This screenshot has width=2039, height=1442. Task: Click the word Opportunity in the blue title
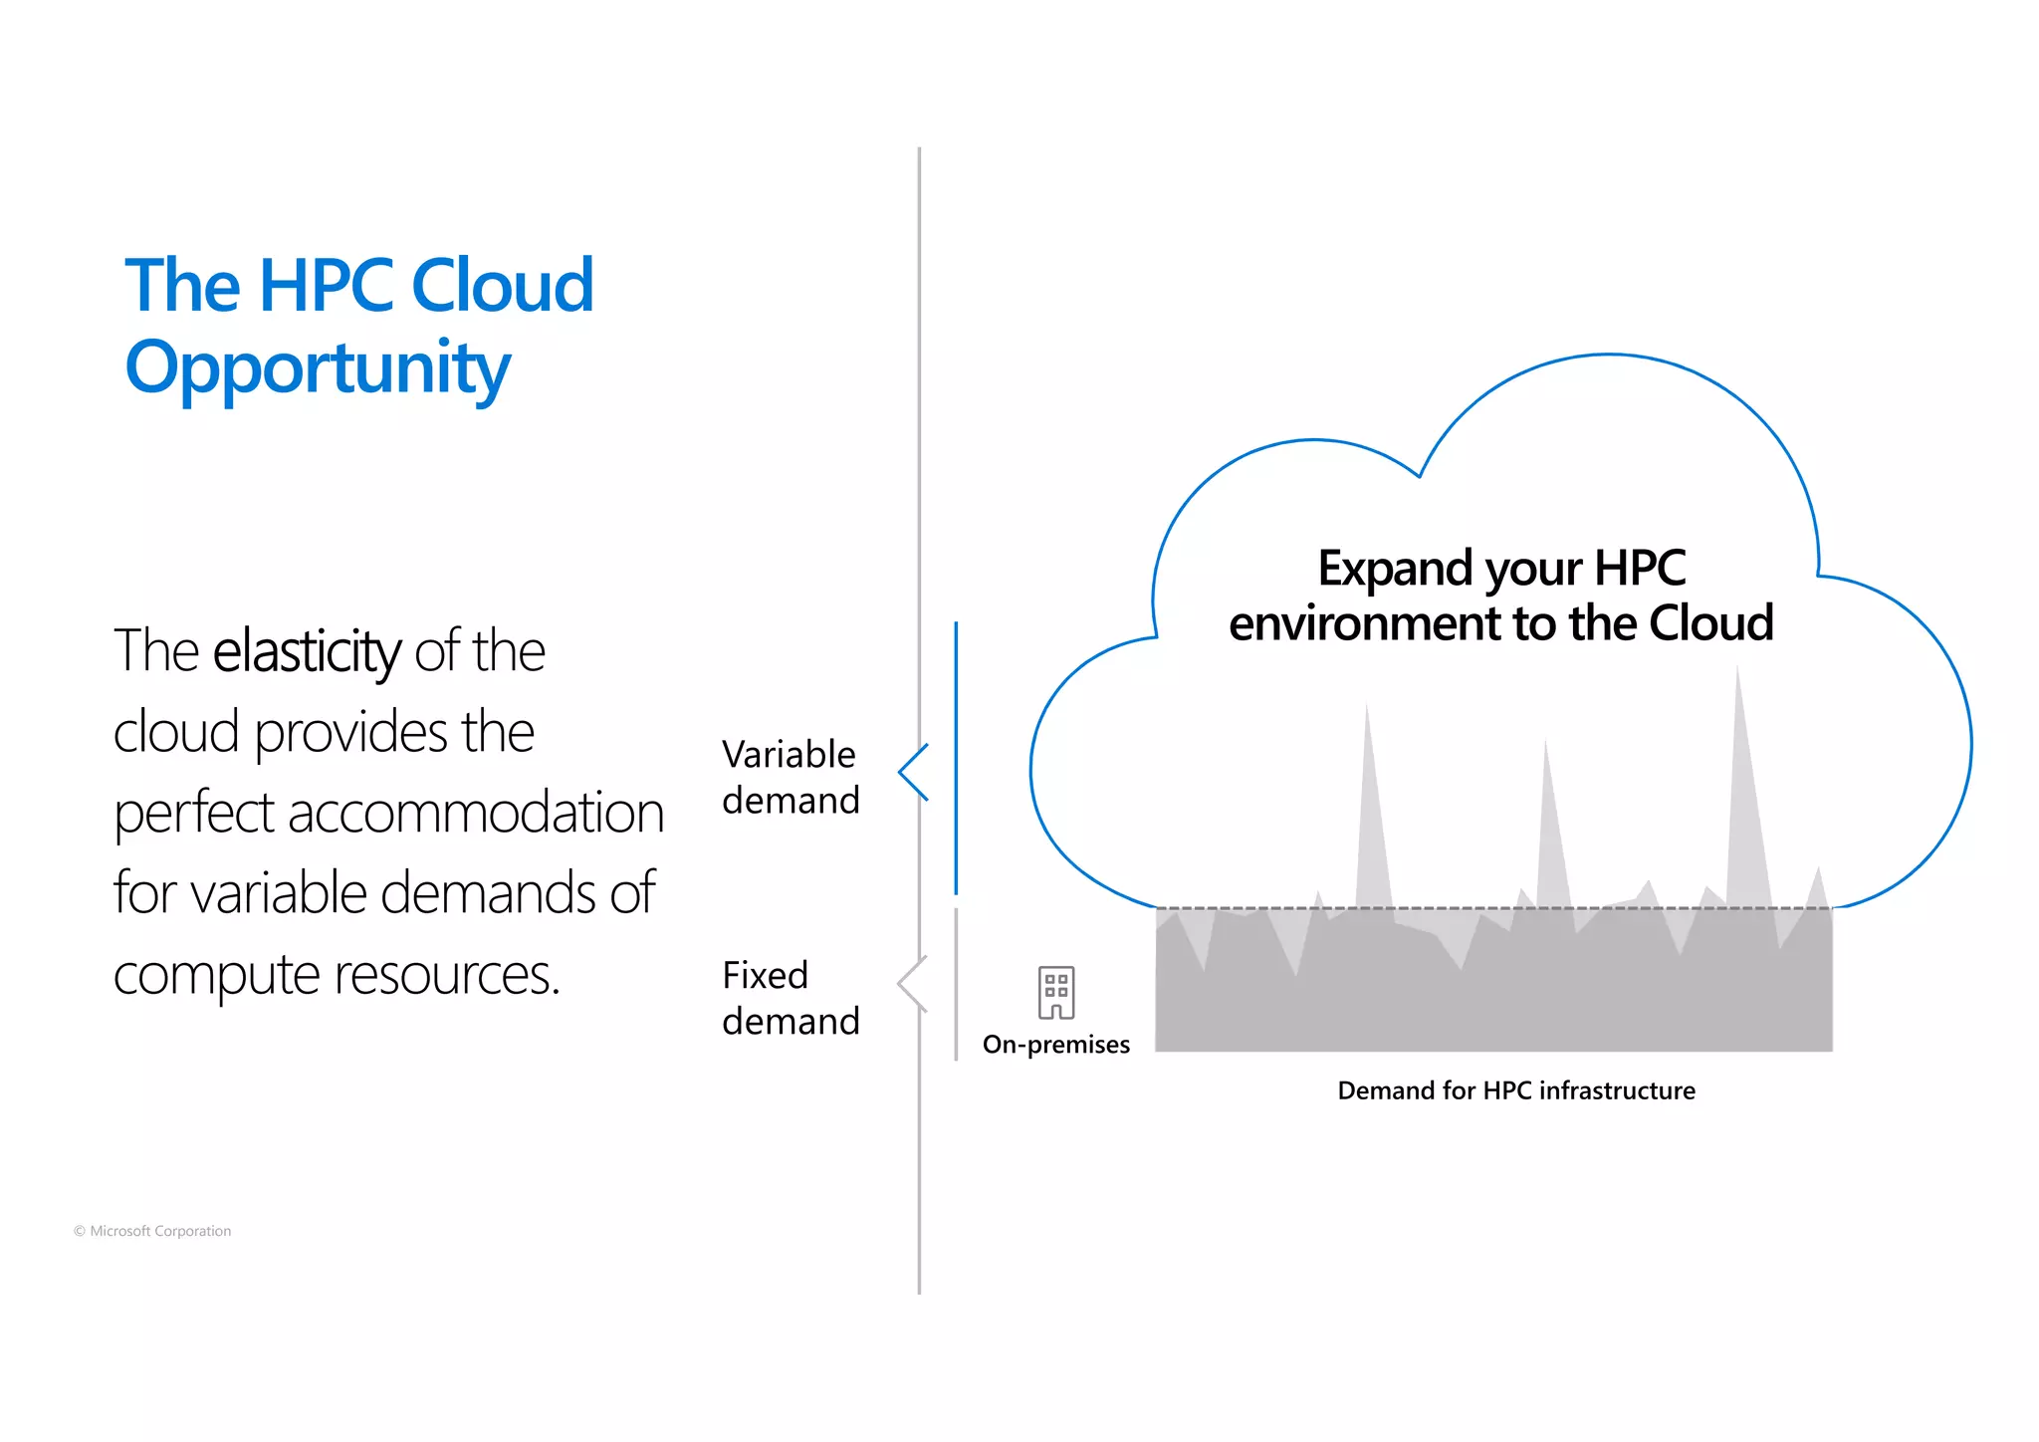[x=318, y=368]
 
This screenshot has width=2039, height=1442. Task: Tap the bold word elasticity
[x=307, y=651]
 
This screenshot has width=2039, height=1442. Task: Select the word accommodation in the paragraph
[x=475, y=813]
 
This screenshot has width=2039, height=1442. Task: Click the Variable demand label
[x=791, y=777]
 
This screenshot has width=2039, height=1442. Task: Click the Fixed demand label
[x=791, y=998]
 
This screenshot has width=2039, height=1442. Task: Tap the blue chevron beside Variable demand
[x=913, y=772]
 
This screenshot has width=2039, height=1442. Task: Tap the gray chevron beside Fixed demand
[x=912, y=984]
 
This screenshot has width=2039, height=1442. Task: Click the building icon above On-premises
[x=1056, y=992]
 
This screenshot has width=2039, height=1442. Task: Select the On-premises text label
[x=1056, y=1045]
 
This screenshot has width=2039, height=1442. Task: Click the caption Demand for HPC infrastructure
[x=1515, y=1090]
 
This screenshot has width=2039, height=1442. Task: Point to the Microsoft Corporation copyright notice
[x=152, y=1231]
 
